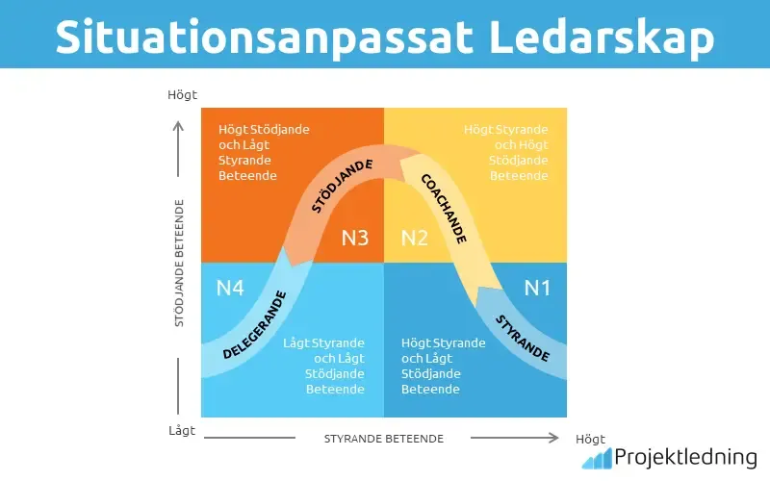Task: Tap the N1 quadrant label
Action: pos(538,287)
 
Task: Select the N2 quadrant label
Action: pos(414,238)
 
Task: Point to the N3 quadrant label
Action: pos(355,238)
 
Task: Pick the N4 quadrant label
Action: pos(230,287)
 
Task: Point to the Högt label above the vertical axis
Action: pos(182,95)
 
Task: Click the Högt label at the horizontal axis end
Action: pos(590,439)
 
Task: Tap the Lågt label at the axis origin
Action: pos(181,431)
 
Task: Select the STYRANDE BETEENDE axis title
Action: pos(383,439)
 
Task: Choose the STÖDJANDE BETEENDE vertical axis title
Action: pos(180,264)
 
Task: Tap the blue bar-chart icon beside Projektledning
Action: pos(597,458)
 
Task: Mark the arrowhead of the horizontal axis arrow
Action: pos(552,439)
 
